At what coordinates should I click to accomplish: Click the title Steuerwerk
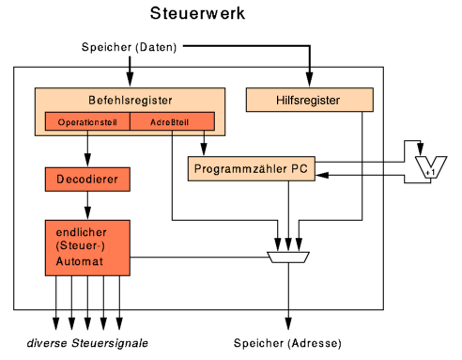(198, 14)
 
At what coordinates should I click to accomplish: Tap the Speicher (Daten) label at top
(128, 47)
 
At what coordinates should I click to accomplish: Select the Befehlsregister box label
(129, 99)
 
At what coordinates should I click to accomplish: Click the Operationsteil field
(86, 122)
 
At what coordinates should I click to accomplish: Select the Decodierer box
(87, 178)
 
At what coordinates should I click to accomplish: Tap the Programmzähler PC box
(248, 169)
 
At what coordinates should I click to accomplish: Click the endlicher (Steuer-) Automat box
(87, 246)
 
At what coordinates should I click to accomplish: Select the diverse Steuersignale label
(86, 341)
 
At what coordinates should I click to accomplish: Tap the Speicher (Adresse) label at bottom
(287, 341)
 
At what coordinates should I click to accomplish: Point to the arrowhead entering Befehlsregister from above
(129, 83)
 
